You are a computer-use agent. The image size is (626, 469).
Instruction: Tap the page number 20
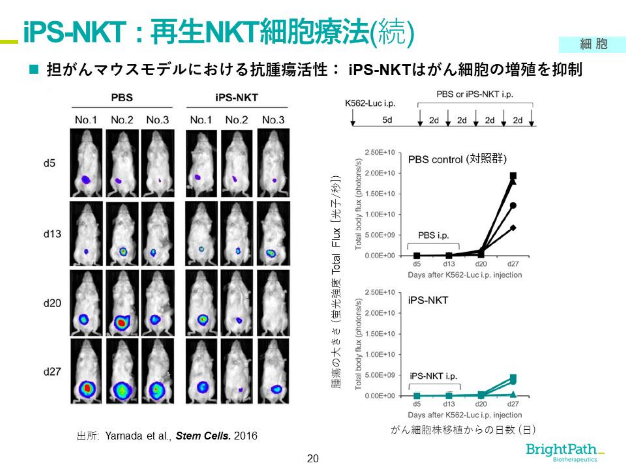(x=313, y=458)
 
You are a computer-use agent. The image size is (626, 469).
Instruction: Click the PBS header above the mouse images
(x=122, y=98)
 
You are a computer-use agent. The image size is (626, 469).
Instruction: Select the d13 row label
(x=52, y=234)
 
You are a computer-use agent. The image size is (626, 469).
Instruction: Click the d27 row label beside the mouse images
(x=52, y=371)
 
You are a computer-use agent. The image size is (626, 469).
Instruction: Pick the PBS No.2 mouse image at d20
(x=122, y=303)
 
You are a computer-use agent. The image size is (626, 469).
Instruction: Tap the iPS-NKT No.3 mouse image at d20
(x=273, y=303)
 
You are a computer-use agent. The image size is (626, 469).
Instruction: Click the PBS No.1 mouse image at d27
(x=86, y=371)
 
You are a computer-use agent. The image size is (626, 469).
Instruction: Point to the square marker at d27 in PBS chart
(x=513, y=176)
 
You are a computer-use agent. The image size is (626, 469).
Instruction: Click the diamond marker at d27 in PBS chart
(x=513, y=228)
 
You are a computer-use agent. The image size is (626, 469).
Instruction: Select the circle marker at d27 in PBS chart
(x=513, y=205)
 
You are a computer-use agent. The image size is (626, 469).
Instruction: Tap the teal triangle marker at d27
(x=513, y=394)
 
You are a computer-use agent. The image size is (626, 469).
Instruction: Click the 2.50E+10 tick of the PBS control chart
(x=380, y=153)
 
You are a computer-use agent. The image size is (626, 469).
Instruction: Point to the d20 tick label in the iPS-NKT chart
(x=481, y=404)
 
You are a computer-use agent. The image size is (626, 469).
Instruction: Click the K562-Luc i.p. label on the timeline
(x=370, y=103)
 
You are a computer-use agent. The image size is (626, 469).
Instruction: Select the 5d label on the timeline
(x=387, y=120)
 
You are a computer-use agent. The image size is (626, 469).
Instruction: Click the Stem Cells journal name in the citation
(x=203, y=436)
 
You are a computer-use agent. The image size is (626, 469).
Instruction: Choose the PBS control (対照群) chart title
(x=457, y=159)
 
